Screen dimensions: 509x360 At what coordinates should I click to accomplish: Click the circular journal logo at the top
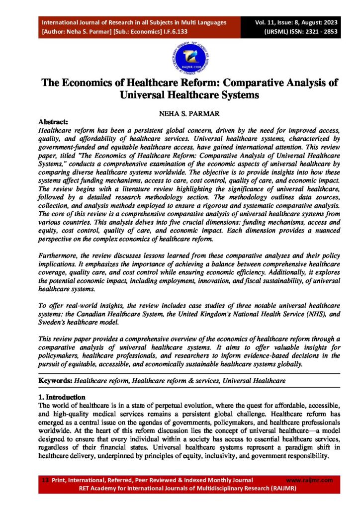(x=180, y=56)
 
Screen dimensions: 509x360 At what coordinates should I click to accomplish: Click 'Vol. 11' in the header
(x=267, y=22)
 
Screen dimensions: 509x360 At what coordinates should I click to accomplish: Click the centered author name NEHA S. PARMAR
(x=180, y=113)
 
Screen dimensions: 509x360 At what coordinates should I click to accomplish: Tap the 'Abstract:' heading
(x=56, y=121)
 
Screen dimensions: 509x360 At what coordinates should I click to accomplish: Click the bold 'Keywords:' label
(x=56, y=380)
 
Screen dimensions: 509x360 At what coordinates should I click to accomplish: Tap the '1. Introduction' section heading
(x=62, y=397)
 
